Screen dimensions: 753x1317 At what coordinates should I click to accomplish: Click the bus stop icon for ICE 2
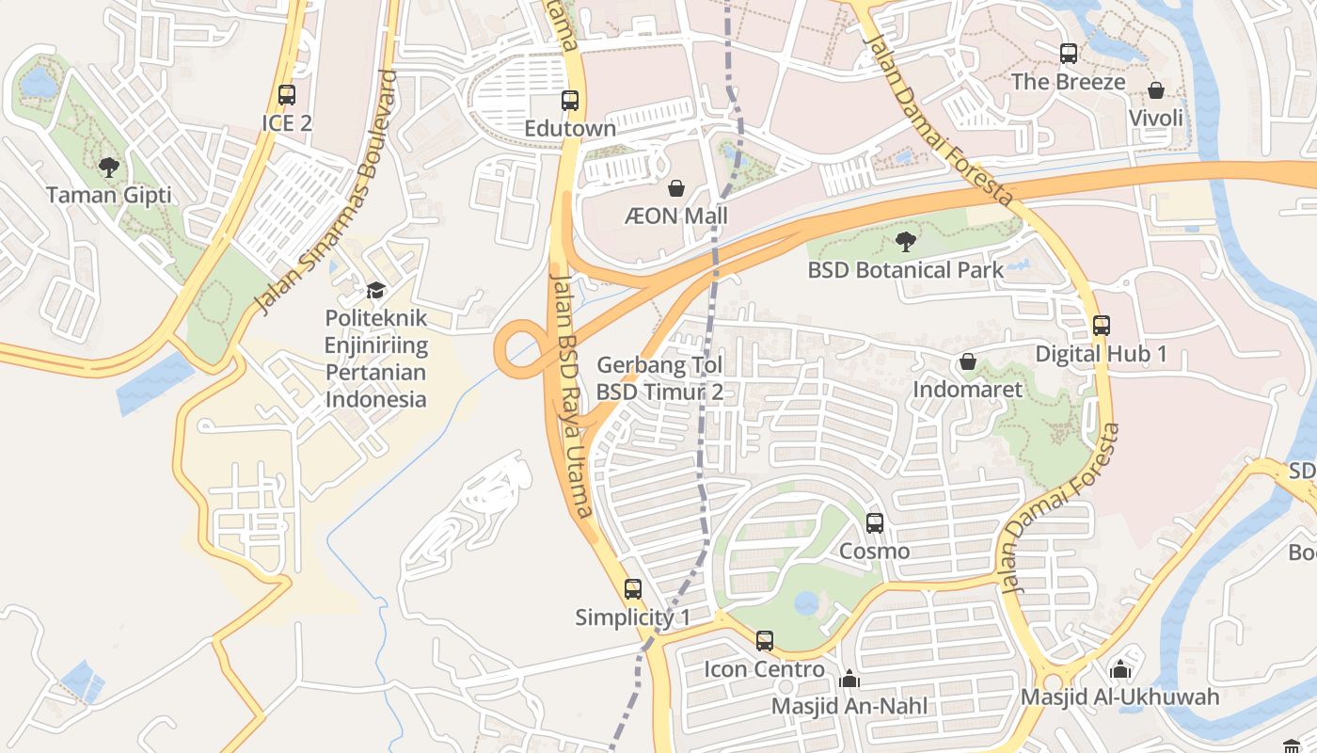click(287, 95)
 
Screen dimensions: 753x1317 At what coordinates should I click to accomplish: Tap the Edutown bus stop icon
click(570, 101)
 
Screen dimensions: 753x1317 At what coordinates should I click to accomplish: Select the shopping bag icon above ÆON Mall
click(675, 188)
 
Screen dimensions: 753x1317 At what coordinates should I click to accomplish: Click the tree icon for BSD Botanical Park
click(905, 242)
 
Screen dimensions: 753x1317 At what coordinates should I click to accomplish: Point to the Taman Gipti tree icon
click(109, 168)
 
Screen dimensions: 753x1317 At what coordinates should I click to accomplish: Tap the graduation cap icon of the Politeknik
click(375, 290)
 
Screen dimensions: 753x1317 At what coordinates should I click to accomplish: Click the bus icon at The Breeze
click(1069, 54)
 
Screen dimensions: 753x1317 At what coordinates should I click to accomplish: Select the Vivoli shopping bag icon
click(1156, 90)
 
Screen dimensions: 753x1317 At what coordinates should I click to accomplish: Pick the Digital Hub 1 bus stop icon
click(1102, 326)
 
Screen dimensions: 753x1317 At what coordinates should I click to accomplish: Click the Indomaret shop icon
click(967, 361)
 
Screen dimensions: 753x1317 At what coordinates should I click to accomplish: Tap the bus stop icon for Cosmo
click(875, 522)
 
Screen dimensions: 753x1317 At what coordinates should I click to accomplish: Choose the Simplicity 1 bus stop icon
click(633, 589)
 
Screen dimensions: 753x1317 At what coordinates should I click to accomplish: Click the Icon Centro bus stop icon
click(765, 641)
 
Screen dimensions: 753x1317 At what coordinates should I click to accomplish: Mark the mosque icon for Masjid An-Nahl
click(849, 678)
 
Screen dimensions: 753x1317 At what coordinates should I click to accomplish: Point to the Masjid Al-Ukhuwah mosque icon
click(1119, 669)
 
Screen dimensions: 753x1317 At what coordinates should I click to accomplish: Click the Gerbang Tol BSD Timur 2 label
click(660, 377)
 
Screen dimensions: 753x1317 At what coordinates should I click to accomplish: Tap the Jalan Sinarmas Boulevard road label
click(327, 193)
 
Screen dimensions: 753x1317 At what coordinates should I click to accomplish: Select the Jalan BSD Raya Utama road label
click(571, 395)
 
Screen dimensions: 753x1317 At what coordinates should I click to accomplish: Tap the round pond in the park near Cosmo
click(806, 603)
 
